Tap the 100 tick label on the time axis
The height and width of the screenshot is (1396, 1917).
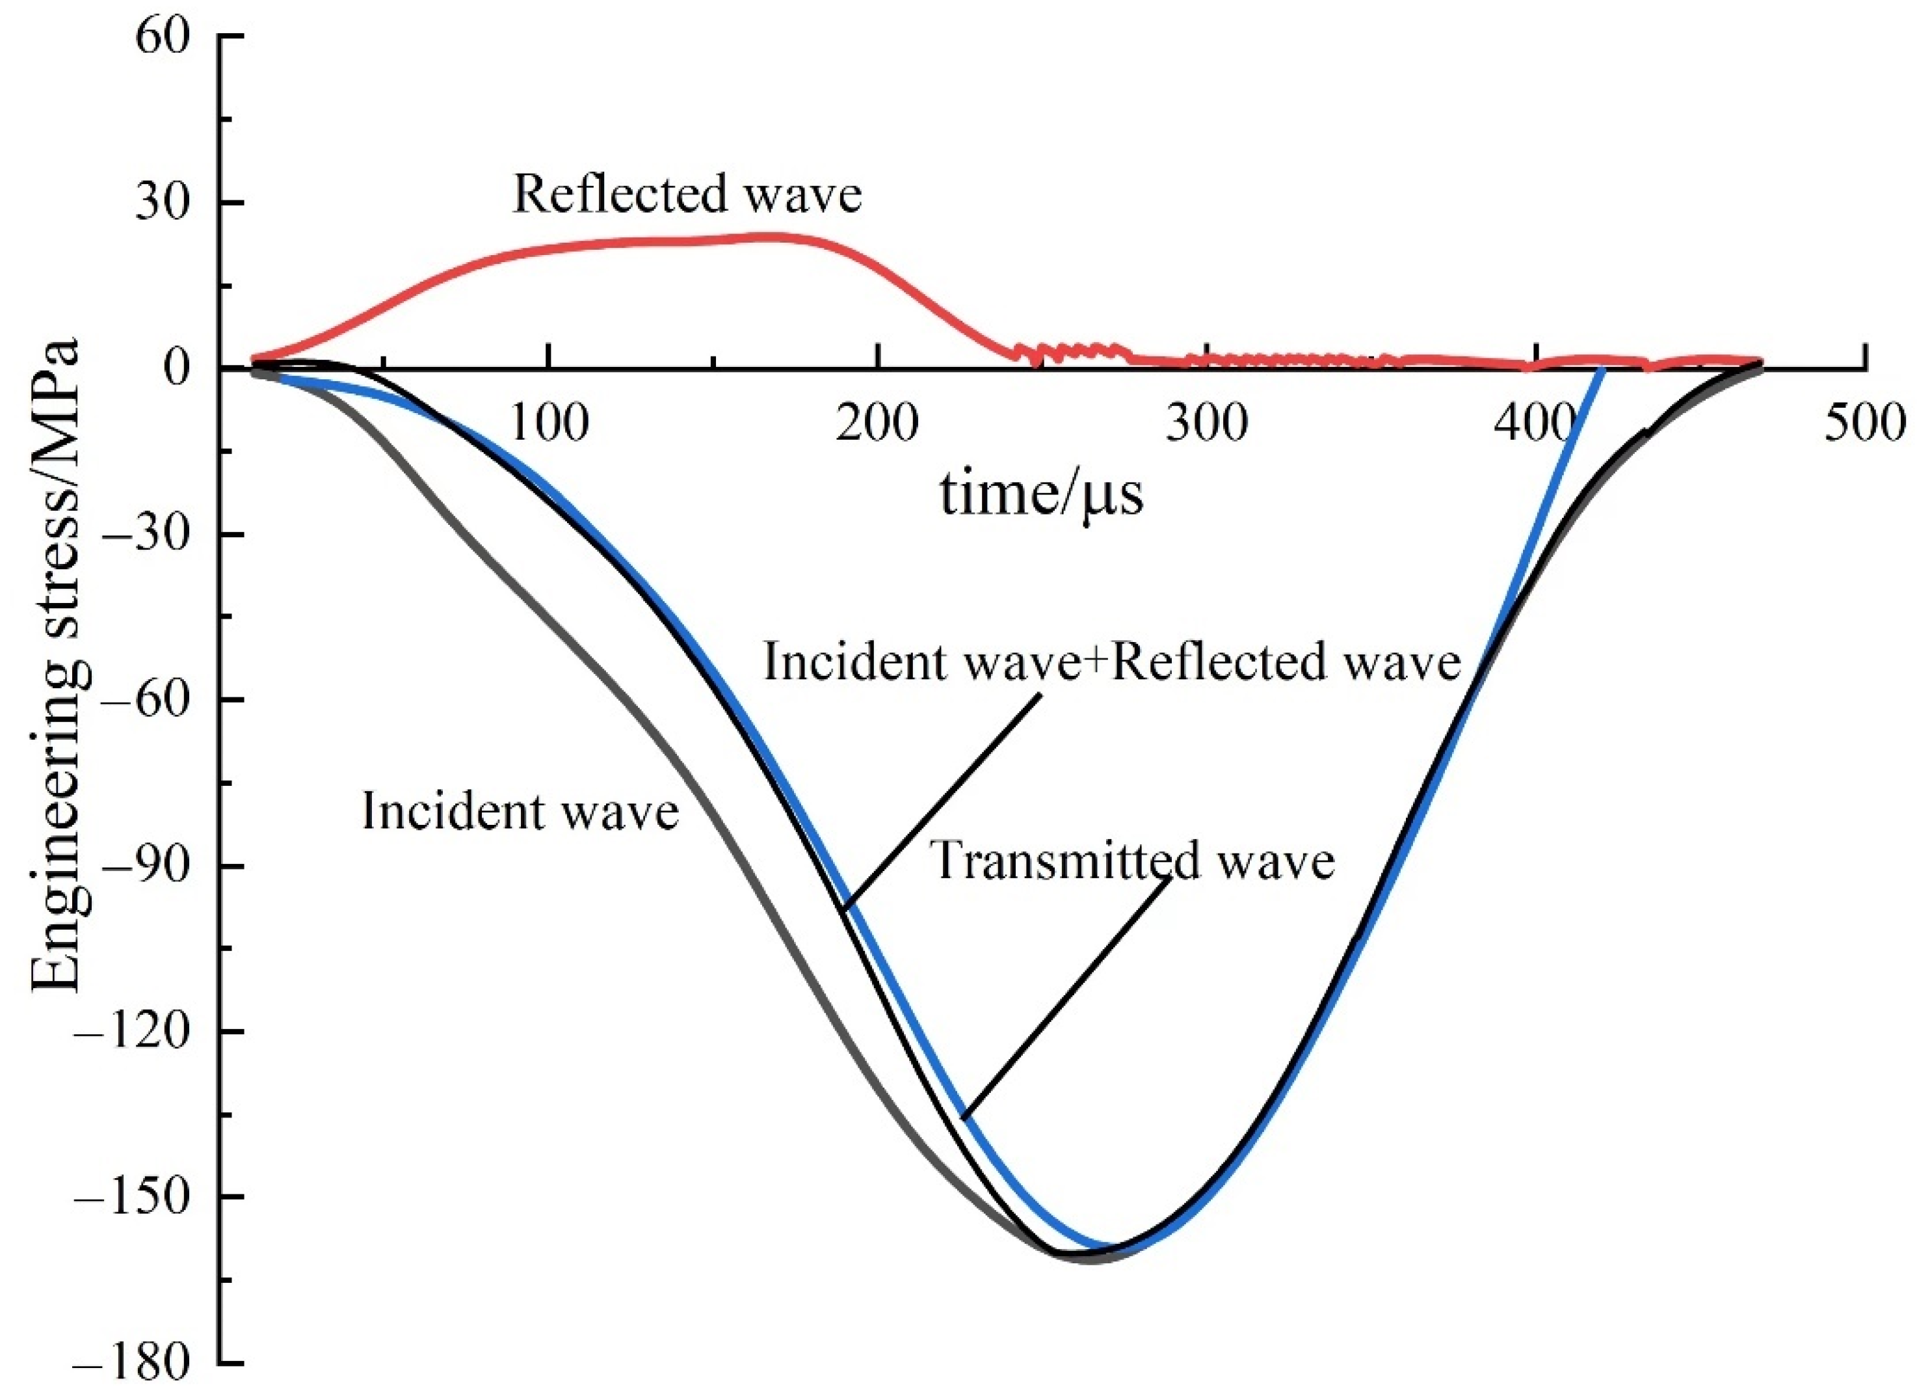tap(549, 423)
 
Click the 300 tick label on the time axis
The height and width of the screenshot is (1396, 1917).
tap(1207, 423)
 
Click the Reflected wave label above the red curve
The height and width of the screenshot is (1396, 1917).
tap(687, 194)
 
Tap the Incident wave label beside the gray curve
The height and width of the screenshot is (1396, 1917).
tap(520, 812)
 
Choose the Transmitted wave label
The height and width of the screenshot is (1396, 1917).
tap(1133, 861)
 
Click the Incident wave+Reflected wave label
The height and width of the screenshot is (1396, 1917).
tap(1113, 662)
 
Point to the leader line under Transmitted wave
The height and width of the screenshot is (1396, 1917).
tap(1066, 998)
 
